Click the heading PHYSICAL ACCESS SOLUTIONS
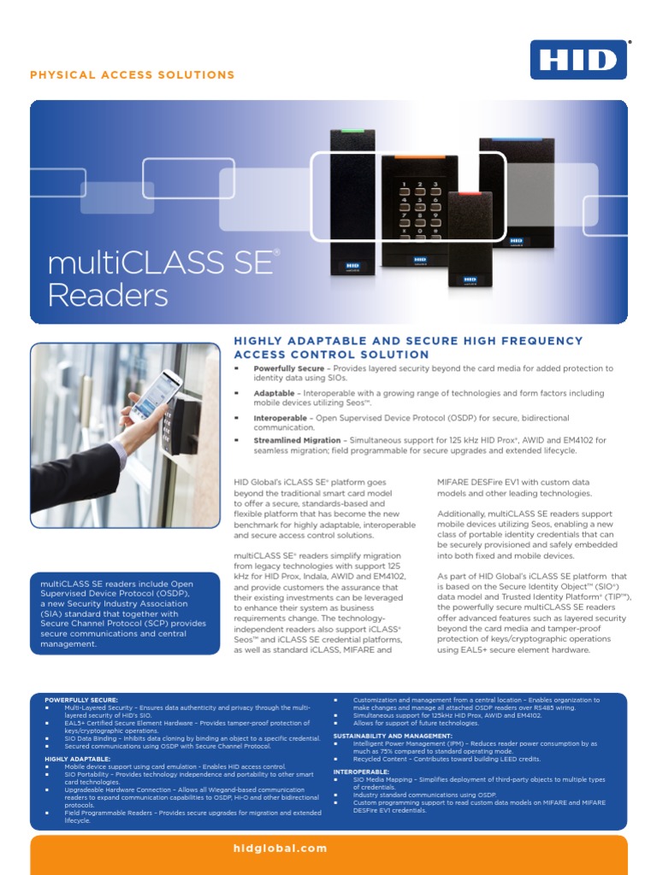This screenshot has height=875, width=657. [x=133, y=75]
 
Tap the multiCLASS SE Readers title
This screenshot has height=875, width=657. [x=163, y=277]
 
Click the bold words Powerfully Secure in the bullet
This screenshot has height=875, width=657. [x=288, y=368]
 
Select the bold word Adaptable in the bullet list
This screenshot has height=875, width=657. [x=274, y=393]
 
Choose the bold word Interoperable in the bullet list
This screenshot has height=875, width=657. [x=281, y=418]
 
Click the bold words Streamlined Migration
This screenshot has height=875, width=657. [x=297, y=440]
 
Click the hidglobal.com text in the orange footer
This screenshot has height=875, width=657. [x=280, y=849]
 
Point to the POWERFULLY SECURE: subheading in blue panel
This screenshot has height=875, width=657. [x=81, y=700]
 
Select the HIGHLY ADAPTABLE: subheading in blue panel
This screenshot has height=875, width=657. [x=77, y=759]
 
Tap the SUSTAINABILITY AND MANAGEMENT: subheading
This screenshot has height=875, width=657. [x=393, y=736]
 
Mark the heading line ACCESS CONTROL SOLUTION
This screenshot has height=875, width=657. [x=331, y=355]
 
